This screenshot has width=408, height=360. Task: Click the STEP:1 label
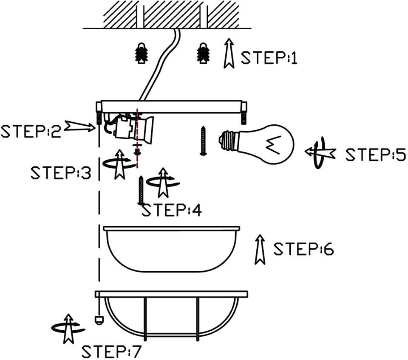269,58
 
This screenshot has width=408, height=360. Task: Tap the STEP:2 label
31,131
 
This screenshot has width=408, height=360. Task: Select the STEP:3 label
61,173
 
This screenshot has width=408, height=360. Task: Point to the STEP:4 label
171,210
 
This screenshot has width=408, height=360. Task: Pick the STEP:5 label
376,155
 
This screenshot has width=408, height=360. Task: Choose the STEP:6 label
303,249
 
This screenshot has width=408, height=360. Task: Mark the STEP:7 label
111,352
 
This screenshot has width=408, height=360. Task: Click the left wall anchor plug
141,53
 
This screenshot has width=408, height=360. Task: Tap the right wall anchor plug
203,53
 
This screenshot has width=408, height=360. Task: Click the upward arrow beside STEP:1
229,53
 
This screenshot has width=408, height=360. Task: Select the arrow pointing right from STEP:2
80,127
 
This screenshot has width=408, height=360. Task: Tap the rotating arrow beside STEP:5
320,152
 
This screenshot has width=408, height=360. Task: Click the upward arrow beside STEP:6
260,250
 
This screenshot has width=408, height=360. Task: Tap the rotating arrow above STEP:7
68,329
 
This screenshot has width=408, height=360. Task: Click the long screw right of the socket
203,141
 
